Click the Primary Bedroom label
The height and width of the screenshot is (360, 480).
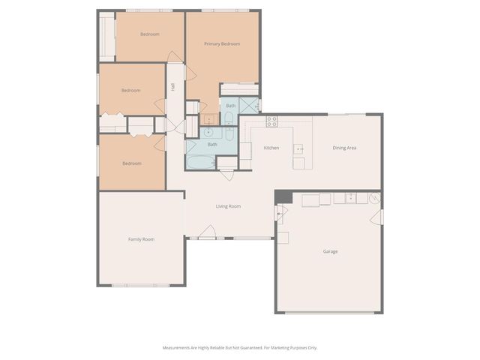[222, 44]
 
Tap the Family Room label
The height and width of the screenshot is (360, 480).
[141, 239]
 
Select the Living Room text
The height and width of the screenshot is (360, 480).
[228, 206]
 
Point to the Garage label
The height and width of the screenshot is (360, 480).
[330, 251]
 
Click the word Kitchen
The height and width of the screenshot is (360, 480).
[271, 148]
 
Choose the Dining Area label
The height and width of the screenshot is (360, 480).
[344, 148]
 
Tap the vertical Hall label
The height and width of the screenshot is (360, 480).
[173, 88]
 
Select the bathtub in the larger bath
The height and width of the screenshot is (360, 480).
[200, 162]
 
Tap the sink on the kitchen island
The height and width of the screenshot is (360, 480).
[298, 148]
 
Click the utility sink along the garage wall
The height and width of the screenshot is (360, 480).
[349, 198]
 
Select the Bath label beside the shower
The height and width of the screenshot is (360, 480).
[231, 106]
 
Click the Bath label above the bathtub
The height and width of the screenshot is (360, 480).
[212, 145]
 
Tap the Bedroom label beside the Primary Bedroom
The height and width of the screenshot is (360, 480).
[149, 34]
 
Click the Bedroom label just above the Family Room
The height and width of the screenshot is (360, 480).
[132, 163]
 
